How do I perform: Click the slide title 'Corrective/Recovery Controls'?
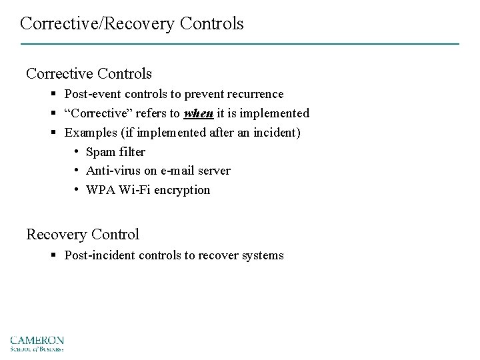(131, 24)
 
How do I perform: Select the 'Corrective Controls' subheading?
(89, 73)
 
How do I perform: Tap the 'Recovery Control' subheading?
(83, 234)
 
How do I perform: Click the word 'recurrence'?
(255, 94)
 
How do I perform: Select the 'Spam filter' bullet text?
(115, 151)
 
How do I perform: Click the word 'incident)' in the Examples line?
(280, 133)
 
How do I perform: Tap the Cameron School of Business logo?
(37, 343)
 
